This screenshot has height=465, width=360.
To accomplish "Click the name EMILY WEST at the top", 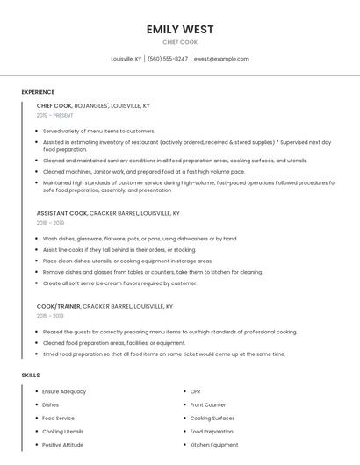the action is pyautogui.click(x=180, y=29).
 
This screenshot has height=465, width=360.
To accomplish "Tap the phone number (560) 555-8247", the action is pyautogui.click(x=167, y=59).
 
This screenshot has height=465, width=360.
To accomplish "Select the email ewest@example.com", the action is pyautogui.click(x=221, y=59).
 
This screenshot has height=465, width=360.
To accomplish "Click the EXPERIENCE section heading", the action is pyautogui.click(x=38, y=92).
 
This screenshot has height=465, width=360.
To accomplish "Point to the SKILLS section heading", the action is pyautogui.click(x=31, y=375).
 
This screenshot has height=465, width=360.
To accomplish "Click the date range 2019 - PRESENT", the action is pyautogui.click(x=55, y=115).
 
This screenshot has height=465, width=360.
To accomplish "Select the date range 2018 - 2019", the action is pyautogui.click(x=50, y=223).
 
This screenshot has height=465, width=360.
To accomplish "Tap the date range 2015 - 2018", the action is pyautogui.click(x=50, y=316).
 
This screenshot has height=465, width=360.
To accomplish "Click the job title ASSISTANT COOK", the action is pyautogui.click(x=61, y=213).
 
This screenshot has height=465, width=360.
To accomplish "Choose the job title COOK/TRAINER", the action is pyautogui.click(x=58, y=306).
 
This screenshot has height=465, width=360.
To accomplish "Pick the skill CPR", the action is pyautogui.click(x=195, y=391).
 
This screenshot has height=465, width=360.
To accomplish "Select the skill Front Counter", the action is pyautogui.click(x=208, y=404).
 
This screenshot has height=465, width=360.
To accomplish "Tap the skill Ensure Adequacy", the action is pyautogui.click(x=64, y=391).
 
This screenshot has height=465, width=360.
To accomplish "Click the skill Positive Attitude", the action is pyautogui.click(x=63, y=445).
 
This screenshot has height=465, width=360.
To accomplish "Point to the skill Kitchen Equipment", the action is pyautogui.click(x=214, y=445).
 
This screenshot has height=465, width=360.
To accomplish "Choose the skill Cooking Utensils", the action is pyautogui.click(x=63, y=432).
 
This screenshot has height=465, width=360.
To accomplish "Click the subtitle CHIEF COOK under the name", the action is pyautogui.click(x=180, y=42).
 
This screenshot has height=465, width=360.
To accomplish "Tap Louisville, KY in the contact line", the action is pyautogui.click(x=126, y=59).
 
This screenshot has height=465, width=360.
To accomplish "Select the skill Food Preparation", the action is pyautogui.click(x=212, y=432).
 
